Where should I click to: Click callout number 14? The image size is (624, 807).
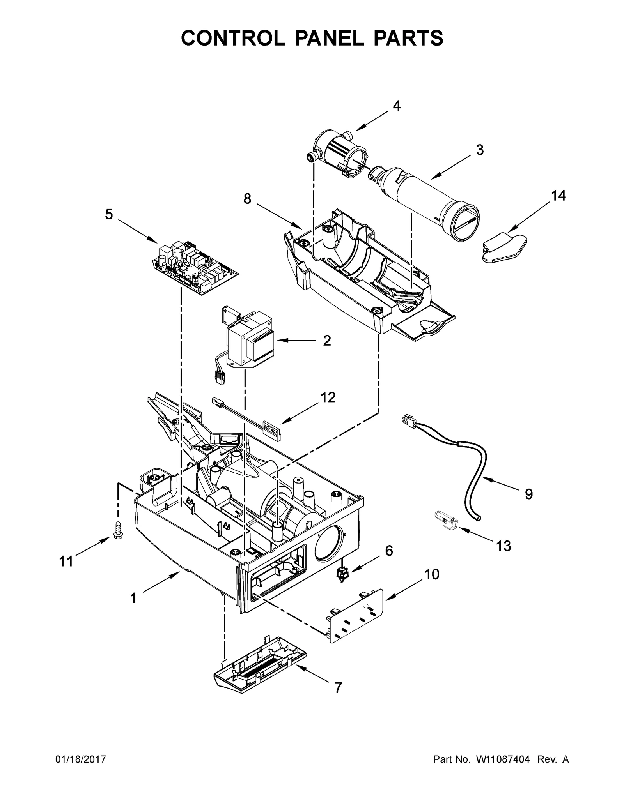point(558,196)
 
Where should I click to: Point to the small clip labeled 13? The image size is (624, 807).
point(445,520)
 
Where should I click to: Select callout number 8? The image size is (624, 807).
point(247,199)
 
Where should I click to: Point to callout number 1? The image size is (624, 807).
point(133,598)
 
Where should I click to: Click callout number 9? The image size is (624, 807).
point(528,494)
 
